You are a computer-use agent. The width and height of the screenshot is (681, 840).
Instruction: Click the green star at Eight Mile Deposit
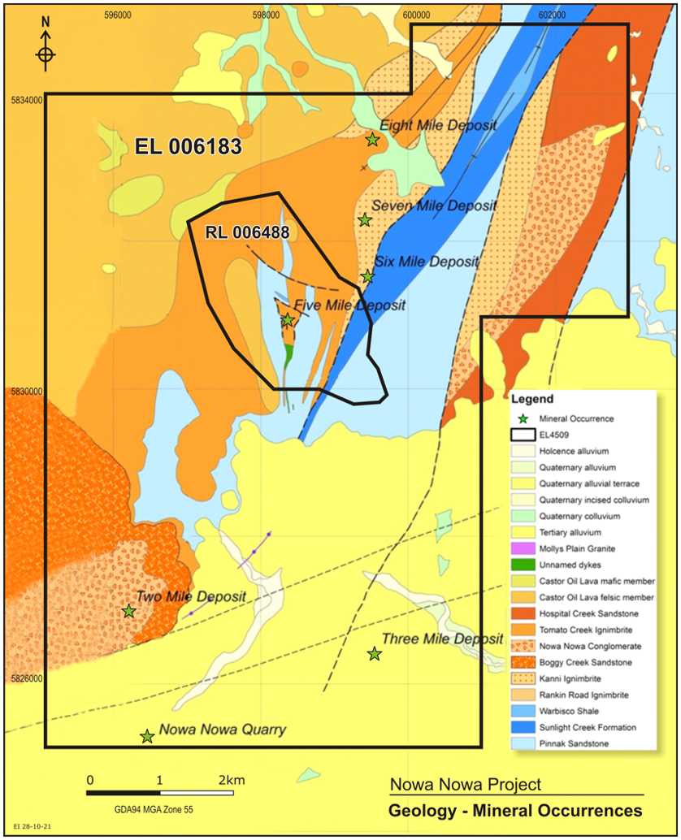click(372, 140)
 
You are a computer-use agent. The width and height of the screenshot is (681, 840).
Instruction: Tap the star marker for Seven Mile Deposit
click(365, 220)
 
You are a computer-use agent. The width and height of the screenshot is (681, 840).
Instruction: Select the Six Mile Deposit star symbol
click(367, 276)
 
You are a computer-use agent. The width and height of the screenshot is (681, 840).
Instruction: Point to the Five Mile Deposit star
click(287, 320)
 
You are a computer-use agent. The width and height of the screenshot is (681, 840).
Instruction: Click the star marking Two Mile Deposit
click(128, 611)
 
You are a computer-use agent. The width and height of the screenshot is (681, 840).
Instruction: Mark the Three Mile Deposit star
click(374, 654)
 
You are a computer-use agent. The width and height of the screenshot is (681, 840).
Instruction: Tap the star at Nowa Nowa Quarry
click(147, 737)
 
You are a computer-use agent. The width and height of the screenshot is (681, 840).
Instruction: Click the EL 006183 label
click(188, 147)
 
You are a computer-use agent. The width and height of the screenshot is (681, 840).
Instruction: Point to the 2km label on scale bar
click(231, 780)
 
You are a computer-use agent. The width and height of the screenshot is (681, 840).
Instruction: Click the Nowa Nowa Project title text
click(465, 785)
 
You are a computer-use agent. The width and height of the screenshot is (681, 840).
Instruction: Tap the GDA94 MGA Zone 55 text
click(154, 809)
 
